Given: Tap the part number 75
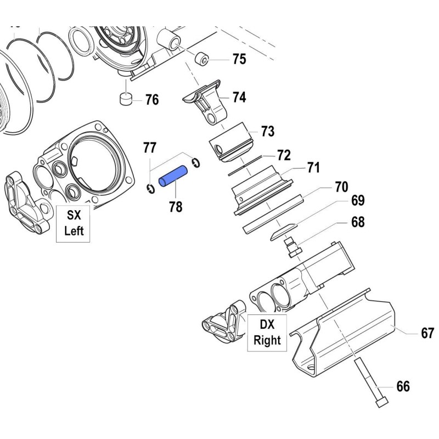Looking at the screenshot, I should (x=239, y=59).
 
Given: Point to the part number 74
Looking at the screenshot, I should (x=239, y=98).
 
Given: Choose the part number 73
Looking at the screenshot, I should (x=267, y=132).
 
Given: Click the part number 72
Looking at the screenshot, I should (x=283, y=155).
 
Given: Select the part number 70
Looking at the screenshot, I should (x=341, y=187).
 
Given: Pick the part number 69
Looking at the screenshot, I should (x=358, y=201).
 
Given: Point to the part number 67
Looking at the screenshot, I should (x=427, y=333).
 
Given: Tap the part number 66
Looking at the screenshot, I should (x=402, y=387).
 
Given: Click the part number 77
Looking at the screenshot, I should (x=150, y=147).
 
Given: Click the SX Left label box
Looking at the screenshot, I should (x=74, y=223).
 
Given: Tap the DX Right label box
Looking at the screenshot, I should (x=267, y=333).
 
